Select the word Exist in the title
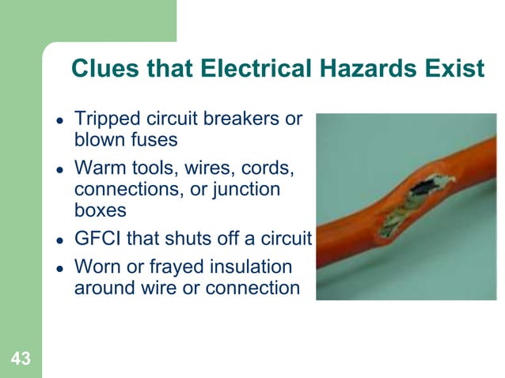tap(453, 70)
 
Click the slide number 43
tap(21, 360)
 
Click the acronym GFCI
tap(97, 239)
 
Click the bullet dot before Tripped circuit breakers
tap(59, 120)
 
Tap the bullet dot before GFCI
tap(59, 240)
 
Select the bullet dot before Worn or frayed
tap(59, 268)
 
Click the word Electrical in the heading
tap(246, 70)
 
